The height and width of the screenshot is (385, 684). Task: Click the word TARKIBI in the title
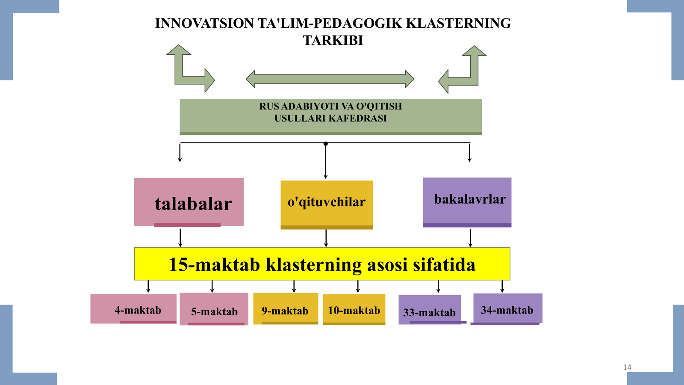point(333,40)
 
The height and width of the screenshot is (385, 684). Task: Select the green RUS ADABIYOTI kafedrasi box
point(330,117)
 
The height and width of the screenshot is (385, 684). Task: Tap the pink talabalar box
point(189,202)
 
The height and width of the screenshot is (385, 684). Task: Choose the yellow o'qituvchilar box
point(327,205)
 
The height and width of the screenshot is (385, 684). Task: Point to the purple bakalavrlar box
point(467,202)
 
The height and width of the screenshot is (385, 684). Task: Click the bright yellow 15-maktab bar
point(322,264)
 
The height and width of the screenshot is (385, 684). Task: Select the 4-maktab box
point(133,309)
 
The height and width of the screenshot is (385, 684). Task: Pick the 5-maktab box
point(214,309)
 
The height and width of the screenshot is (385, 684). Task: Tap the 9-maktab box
point(286,308)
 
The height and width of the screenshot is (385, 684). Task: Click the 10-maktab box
point(354,309)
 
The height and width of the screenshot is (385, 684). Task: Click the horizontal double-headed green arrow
point(330,79)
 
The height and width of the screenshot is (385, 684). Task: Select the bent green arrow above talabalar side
point(191,68)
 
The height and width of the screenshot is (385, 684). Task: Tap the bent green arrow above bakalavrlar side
point(462,70)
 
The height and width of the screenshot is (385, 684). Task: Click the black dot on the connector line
point(326,144)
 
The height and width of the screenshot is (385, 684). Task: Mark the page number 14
point(627,367)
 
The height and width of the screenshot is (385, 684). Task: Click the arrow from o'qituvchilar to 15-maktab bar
point(326,238)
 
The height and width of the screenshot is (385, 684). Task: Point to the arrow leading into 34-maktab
point(502,287)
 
